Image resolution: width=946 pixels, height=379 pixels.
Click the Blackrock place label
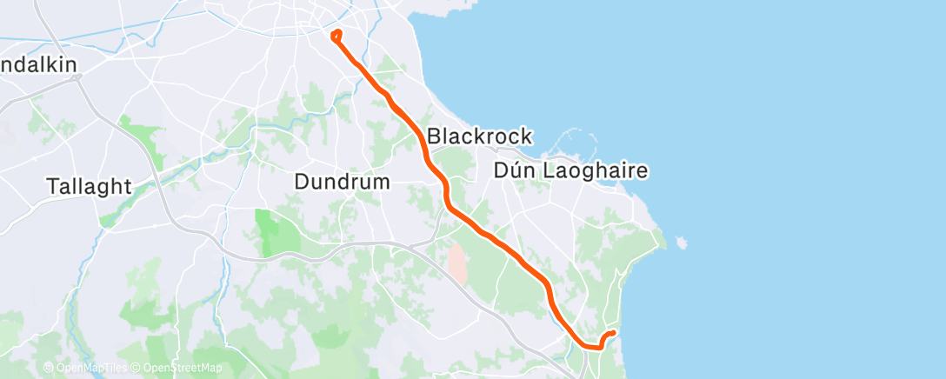coord(479,136)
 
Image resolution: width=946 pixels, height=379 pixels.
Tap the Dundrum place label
coord(343,183)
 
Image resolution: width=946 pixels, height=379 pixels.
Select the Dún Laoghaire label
coord(570,171)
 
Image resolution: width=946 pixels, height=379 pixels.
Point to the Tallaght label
coord(90,186)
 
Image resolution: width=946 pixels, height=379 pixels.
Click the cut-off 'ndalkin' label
coord(39,65)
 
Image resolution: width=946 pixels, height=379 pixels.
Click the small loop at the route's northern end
coord(336,35)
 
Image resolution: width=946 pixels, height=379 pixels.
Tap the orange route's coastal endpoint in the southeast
coord(614,332)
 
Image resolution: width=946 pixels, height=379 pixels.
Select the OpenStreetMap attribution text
coord(180,369)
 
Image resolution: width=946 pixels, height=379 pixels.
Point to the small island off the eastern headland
coord(680,242)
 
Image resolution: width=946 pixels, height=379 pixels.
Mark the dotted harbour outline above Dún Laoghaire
coord(570,139)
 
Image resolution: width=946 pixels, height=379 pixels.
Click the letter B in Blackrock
coord(435,136)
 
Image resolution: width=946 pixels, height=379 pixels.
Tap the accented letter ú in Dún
coord(514,171)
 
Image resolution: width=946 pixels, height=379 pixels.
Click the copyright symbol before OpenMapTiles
coord(49,369)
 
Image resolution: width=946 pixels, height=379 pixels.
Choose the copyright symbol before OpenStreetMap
coord(137,369)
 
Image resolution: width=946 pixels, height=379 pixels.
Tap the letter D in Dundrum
coord(301,183)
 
